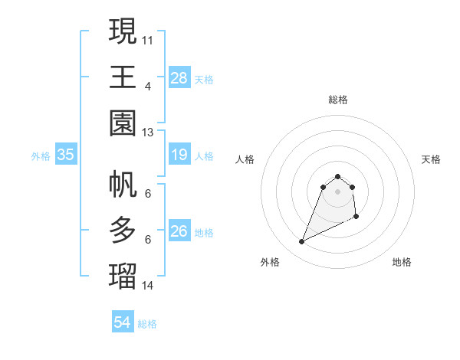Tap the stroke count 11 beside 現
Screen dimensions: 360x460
coord(148,38)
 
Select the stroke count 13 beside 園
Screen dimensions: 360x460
coord(148,132)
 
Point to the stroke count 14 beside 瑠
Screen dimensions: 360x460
coord(148,285)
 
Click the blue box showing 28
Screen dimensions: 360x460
coord(179,78)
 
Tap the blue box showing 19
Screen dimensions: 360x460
coord(179,155)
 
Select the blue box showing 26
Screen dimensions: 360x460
coord(179,231)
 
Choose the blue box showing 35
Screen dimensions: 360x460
coord(66,155)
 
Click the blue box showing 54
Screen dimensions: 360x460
coord(123,323)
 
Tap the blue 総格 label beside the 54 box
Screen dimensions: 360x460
coord(147,324)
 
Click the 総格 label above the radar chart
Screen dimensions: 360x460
coord(337,100)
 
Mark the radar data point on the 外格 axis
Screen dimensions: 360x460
coord(301,242)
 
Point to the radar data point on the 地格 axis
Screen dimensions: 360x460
coord(357,218)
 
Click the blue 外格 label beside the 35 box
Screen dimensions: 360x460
coord(41,156)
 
